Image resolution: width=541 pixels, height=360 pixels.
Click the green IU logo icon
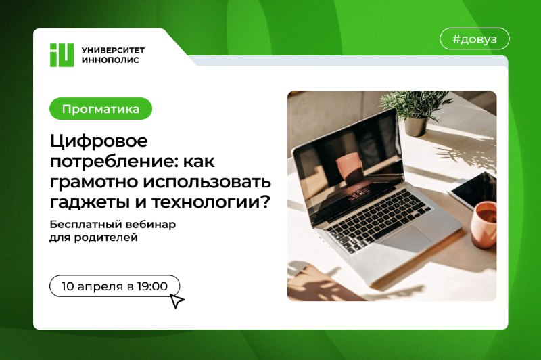click(62, 55)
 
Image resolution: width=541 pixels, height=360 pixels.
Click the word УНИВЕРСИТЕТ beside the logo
click(113, 50)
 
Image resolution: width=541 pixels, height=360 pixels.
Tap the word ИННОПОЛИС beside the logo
click(110, 60)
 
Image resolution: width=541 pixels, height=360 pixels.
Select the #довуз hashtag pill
click(475, 39)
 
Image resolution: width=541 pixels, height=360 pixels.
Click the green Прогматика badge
click(101, 109)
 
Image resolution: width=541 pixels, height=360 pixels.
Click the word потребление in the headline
click(114, 162)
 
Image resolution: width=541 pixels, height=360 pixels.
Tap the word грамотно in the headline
click(94, 182)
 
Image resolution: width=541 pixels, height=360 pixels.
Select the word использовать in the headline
click(207, 182)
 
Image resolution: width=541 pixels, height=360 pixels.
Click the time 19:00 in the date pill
click(151, 286)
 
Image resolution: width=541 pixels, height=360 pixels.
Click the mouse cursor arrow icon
click(177, 300)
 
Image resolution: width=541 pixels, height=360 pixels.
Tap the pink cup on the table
click(484, 225)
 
